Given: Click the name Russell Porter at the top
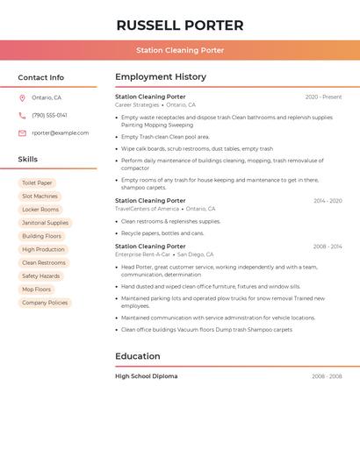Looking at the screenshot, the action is (x=180, y=25).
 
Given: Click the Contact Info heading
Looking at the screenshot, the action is (x=41, y=77).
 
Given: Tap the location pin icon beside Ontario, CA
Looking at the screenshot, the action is (x=23, y=97).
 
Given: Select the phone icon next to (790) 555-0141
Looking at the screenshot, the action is (x=23, y=115).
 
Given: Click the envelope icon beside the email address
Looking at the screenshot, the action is (x=23, y=133).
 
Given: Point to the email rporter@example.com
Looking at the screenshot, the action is (x=61, y=133).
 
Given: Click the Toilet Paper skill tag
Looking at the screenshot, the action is (x=38, y=183).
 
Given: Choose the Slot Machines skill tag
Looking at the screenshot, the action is (x=40, y=197).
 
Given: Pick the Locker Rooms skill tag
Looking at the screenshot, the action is (x=40, y=210).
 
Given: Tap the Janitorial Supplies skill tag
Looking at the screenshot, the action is (x=46, y=223).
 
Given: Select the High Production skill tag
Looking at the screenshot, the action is (x=44, y=249).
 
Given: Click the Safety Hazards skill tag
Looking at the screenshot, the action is (x=41, y=275).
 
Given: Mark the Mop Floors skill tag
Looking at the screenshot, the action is (x=37, y=289).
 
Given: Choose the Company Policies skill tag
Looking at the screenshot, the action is (x=45, y=303).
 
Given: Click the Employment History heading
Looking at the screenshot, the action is (x=161, y=77).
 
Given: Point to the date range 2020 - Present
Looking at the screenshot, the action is (x=323, y=97).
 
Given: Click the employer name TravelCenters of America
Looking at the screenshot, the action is (x=148, y=209).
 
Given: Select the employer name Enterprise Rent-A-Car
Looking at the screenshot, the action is (x=143, y=254).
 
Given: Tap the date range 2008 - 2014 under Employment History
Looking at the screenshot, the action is (x=328, y=247).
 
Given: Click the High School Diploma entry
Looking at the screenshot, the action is (x=147, y=376).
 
